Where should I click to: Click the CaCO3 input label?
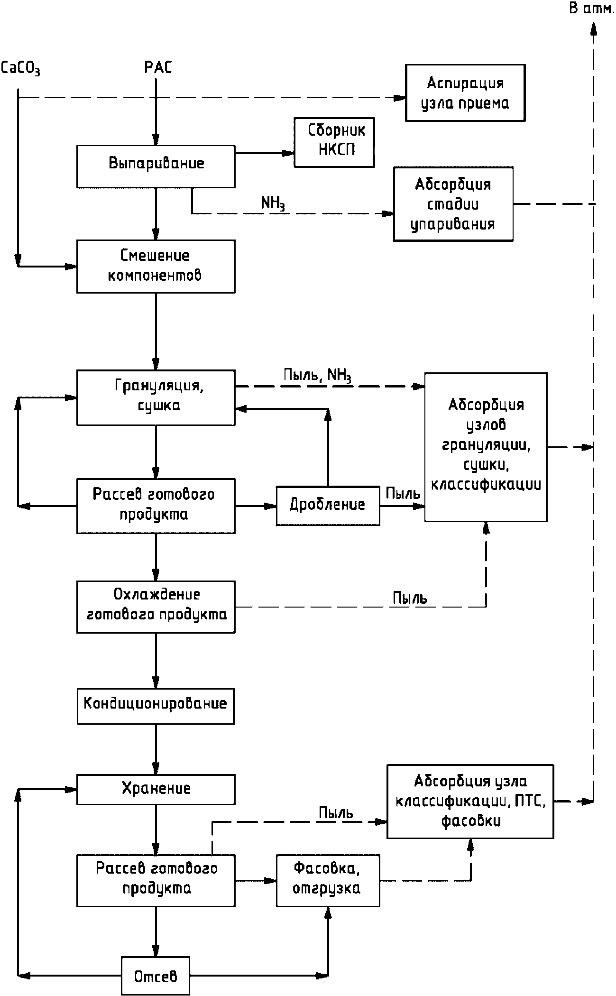click(x=20, y=68)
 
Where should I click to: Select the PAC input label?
click(x=158, y=68)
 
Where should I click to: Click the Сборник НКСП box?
click(x=334, y=142)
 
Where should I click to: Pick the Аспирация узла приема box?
click(x=465, y=93)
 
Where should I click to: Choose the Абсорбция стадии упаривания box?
click(x=453, y=204)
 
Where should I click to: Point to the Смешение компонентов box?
click(x=156, y=266)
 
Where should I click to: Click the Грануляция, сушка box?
click(x=156, y=397)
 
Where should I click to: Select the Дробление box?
click(x=328, y=505)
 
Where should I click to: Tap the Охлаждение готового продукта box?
click(x=156, y=607)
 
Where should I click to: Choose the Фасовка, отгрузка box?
click(x=328, y=880)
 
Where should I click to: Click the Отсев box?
click(x=156, y=976)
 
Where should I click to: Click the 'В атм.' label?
click(x=591, y=9)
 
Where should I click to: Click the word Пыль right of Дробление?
click(x=403, y=494)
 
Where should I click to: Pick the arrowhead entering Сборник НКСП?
click(x=289, y=153)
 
